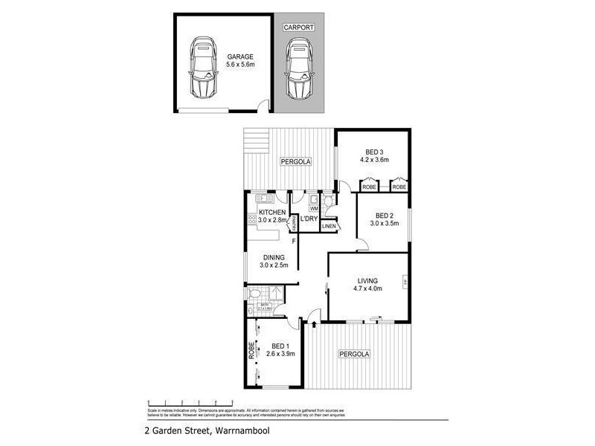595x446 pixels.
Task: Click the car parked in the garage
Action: click(202, 68)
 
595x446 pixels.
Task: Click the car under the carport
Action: click(298, 68)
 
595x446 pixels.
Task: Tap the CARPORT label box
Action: click(298, 28)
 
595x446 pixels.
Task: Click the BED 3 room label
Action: click(374, 151)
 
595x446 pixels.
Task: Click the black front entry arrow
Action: click(314, 323)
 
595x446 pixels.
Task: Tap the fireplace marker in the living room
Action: click(404, 282)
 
